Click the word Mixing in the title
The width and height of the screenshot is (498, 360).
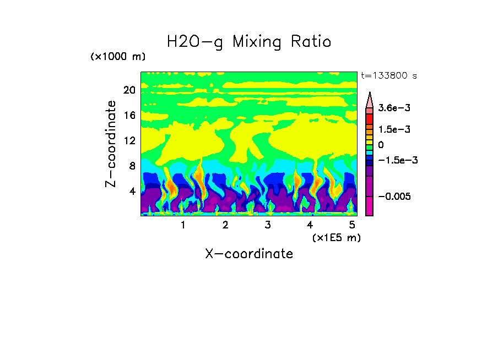pos(257,42)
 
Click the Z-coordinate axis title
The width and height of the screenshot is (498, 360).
pos(111,144)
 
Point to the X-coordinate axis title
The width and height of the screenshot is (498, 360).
pos(249,254)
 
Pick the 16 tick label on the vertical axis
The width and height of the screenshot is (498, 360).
pos(129,115)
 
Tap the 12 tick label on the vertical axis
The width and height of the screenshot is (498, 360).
pos(129,140)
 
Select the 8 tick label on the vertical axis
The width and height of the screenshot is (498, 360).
pos(132,166)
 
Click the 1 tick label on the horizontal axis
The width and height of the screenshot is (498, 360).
pos(183,225)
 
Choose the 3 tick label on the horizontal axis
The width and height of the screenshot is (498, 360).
pos(268,225)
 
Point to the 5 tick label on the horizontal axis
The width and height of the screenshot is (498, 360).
pos(352,225)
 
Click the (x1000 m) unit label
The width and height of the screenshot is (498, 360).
pos(118,57)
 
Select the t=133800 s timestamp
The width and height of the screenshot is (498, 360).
pos(388,76)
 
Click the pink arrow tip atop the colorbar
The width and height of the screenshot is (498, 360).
pos(370,100)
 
